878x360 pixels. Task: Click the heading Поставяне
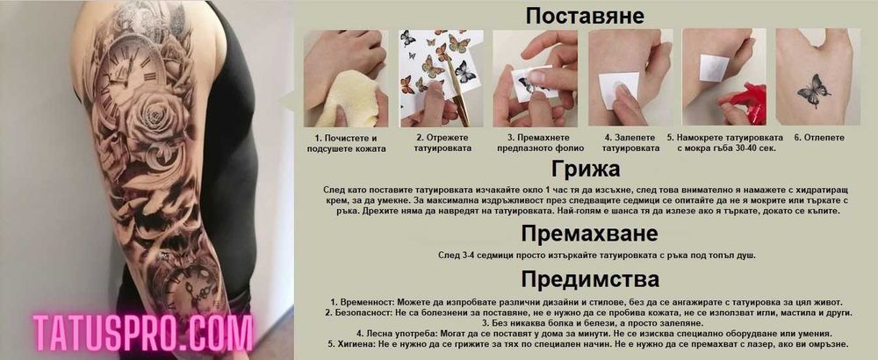pyautogui.click(x=585, y=16)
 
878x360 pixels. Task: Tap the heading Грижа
pyautogui.click(x=585, y=169)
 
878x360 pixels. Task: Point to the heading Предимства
pyautogui.click(x=590, y=279)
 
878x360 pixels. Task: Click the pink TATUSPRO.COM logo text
pyautogui.click(x=142, y=333)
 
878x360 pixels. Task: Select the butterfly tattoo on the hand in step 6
pyautogui.click(x=813, y=90)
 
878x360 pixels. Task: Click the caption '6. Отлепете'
pyautogui.click(x=819, y=138)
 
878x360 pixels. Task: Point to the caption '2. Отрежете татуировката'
pyautogui.click(x=443, y=143)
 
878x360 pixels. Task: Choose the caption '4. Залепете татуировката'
pyautogui.click(x=630, y=143)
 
